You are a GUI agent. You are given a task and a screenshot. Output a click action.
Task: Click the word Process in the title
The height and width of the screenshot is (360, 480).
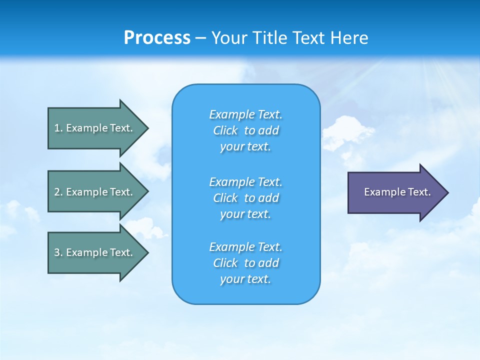pyautogui.click(x=157, y=38)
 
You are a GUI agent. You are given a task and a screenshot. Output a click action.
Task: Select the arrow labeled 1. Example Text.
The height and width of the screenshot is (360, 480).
pyautogui.click(x=95, y=128)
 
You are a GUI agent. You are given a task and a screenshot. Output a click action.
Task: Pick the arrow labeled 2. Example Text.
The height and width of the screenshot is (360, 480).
pyautogui.click(x=95, y=192)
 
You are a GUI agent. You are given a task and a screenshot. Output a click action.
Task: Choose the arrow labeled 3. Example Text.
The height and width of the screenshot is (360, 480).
pyautogui.click(x=95, y=252)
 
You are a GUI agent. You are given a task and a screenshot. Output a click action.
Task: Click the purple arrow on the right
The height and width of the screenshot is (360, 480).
pyautogui.click(x=395, y=192)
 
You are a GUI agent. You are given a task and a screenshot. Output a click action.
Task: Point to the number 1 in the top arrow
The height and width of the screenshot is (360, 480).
pyautogui.click(x=57, y=128)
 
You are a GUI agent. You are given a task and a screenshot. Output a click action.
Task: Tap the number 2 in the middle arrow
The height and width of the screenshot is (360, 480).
pyautogui.click(x=57, y=192)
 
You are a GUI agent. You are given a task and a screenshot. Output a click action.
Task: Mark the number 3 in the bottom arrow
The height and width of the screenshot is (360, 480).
pyautogui.click(x=57, y=252)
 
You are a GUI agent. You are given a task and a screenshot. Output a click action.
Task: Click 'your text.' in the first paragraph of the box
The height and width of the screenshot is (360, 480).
pyautogui.click(x=245, y=147)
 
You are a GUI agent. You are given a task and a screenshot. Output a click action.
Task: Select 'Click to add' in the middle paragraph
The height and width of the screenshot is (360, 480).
pyautogui.click(x=246, y=198)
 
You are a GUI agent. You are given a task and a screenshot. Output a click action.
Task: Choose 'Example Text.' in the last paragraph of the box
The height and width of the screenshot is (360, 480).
pyautogui.click(x=246, y=247)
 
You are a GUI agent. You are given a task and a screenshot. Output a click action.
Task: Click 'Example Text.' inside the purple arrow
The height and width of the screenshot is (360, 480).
pyautogui.click(x=397, y=192)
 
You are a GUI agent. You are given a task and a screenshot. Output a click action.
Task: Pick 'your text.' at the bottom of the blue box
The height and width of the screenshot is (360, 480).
pyautogui.click(x=245, y=279)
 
